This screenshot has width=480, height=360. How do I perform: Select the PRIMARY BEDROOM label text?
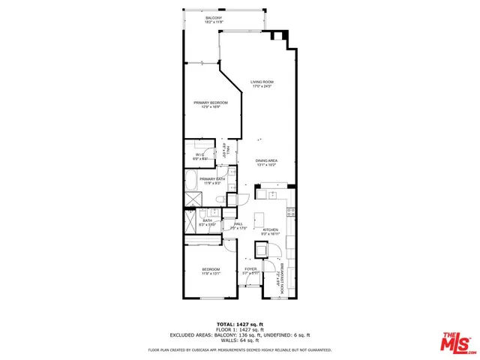pyautogui.click(x=210, y=102)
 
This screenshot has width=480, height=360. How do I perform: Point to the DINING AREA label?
pyautogui.click(x=266, y=160)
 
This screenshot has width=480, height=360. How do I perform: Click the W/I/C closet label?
pyautogui.click(x=199, y=154)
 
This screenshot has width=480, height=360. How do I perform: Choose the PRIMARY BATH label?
pyautogui.click(x=213, y=178)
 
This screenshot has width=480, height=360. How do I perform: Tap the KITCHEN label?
pyautogui.click(x=271, y=229)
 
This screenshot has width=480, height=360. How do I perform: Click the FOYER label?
pyautogui.click(x=250, y=268)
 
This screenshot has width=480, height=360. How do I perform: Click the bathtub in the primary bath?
pyautogui.click(x=191, y=181)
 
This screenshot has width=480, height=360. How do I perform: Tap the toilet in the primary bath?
pyautogui.click(x=220, y=198)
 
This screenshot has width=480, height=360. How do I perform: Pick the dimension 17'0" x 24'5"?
pyautogui.click(x=262, y=86)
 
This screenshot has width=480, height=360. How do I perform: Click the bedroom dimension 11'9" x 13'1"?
pyautogui.click(x=211, y=274)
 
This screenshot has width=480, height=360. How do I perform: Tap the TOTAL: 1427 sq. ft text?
pyautogui.click(x=239, y=322)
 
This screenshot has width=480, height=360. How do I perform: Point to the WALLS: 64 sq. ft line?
pyautogui.click(x=239, y=340)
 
